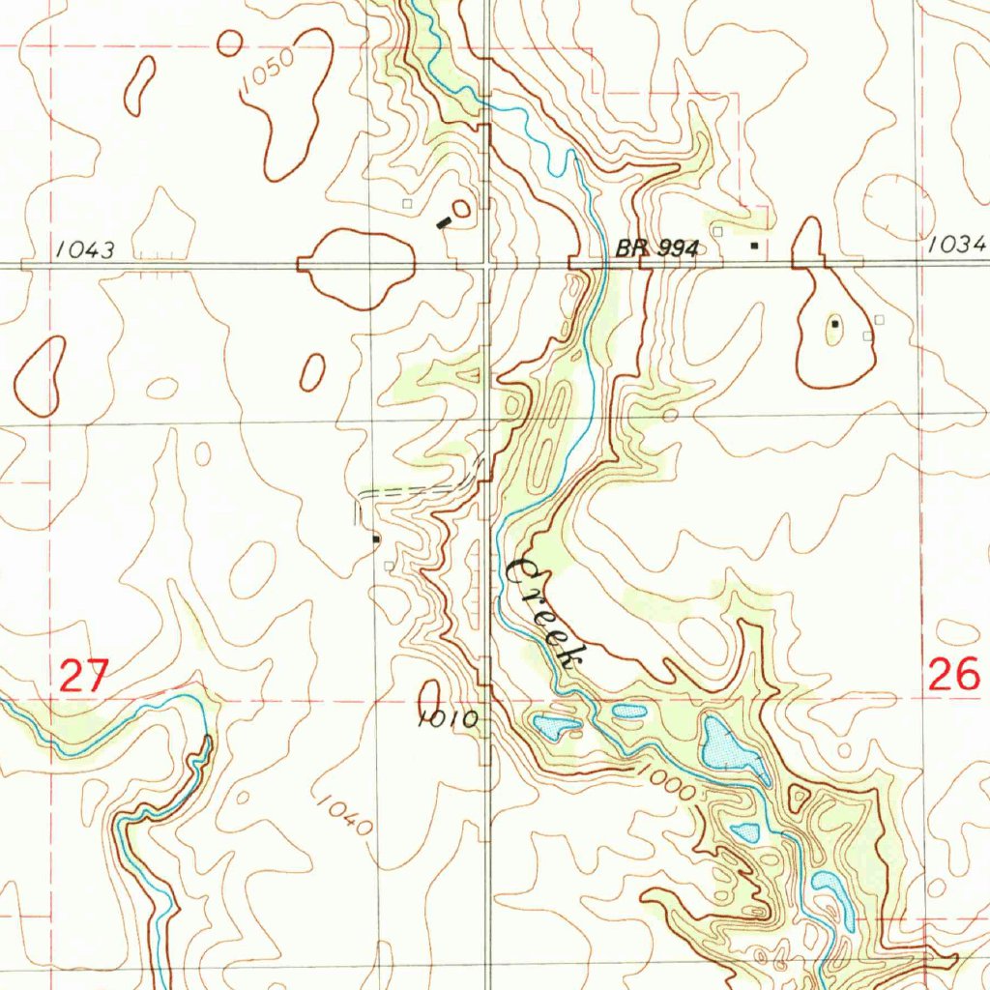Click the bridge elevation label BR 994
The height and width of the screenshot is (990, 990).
point(656,248)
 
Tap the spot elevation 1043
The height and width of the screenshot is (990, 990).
point(85,250)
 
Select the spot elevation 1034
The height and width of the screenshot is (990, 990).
point(956,246)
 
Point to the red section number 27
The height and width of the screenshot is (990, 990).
point(82,675)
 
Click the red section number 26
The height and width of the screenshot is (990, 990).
point(953,674)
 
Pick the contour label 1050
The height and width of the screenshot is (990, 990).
point(268,73)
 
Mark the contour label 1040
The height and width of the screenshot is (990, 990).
point(343,815)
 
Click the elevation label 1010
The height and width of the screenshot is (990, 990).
point(449,719)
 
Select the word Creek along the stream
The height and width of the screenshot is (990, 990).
point(544,615)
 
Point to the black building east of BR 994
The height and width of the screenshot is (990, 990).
point(754,246)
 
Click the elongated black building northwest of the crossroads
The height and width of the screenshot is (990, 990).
point(444,221)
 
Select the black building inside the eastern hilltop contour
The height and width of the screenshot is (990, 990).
point(834,325)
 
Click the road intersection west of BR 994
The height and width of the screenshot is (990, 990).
point(485,263)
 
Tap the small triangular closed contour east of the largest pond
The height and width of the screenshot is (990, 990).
point(799,798)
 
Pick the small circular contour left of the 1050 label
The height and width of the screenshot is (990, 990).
point(229,43)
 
